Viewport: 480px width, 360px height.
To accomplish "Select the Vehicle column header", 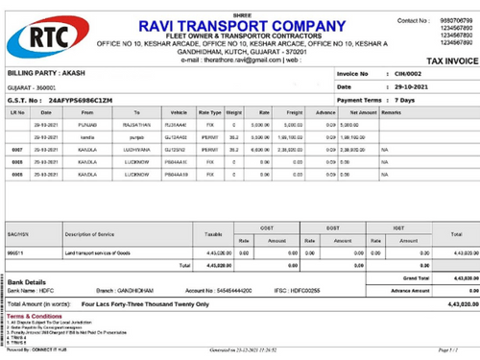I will tap(179, 112).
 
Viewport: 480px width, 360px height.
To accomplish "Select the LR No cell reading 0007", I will tap(16, 150).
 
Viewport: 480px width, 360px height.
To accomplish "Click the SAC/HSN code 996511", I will tap(15, 252).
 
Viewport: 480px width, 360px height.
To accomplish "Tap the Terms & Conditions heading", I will tap(36, 315).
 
